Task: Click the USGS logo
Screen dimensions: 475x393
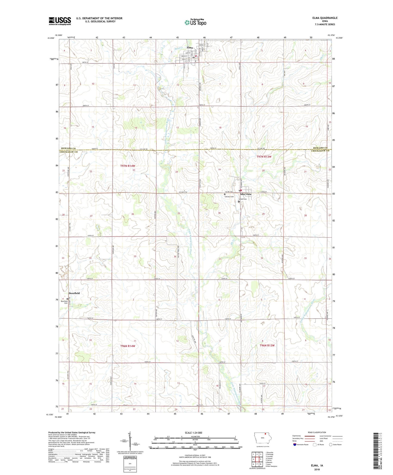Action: [60, 21]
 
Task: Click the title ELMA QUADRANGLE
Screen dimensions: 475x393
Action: [325, 18]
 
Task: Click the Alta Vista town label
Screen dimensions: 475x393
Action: [245, 194]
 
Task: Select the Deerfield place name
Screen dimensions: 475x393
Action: [74, 293]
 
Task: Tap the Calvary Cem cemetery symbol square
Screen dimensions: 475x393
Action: [225, 194]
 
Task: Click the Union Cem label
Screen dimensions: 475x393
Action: [243, 199]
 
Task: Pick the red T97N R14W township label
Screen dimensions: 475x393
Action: [128, 166]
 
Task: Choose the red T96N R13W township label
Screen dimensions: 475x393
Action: [267, 346]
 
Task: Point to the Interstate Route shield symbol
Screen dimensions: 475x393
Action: [295, 445]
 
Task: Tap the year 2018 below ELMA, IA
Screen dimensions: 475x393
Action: [317, 469]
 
